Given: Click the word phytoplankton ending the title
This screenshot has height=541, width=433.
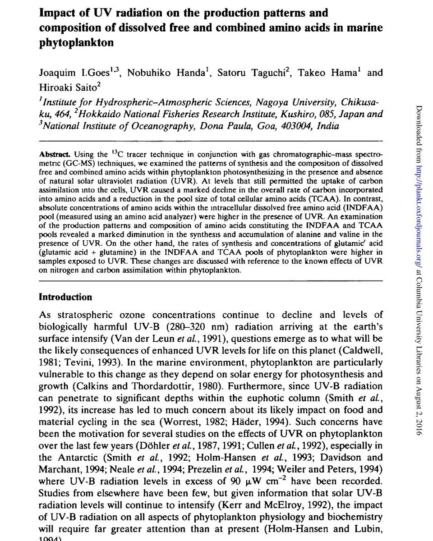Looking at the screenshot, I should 76,44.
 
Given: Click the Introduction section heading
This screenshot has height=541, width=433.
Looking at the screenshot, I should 65,297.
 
